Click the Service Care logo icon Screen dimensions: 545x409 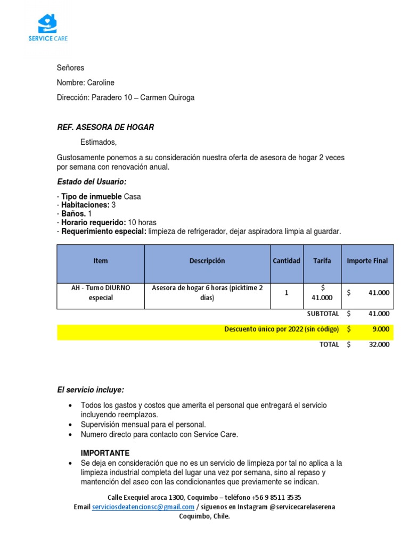pyautogui.click(x=47, y=24)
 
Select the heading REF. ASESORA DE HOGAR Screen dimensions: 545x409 pyautogui.click(x=105, y=127)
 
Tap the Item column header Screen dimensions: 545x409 pyautogui.click(x=101, y=261)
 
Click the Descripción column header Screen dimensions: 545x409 pyautogui.click(x=207, y=261)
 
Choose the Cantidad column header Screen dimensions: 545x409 pyautogui.click(x=287, y=261)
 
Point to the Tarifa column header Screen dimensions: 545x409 pyautogui.click(x=322, y=261)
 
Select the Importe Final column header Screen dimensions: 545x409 pyautogui.click(x=367, y=261)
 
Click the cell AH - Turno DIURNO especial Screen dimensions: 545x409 pyautogui.click(x=101, y=293)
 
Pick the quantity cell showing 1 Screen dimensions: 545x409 pyautogui.click(x=287, y=293)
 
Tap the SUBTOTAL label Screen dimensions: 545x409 pyautogui.click(x=323, y=314)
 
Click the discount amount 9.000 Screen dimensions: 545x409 pyautogui.click(x=380, y=329)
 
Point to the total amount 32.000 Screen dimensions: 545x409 pyautogui.click(x=379, y=344)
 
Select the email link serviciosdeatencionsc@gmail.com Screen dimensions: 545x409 pyautogui.click(x=143, y=507)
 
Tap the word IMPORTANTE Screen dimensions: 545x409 pyautogui.click(x=105, y=453)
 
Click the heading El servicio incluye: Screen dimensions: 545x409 pyautogui.click(x=91, y=390)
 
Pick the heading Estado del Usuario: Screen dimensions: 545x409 pyautogui.click(x=92, y=182)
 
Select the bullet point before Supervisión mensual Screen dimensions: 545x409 pyautogui.click(x=71, y=425)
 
